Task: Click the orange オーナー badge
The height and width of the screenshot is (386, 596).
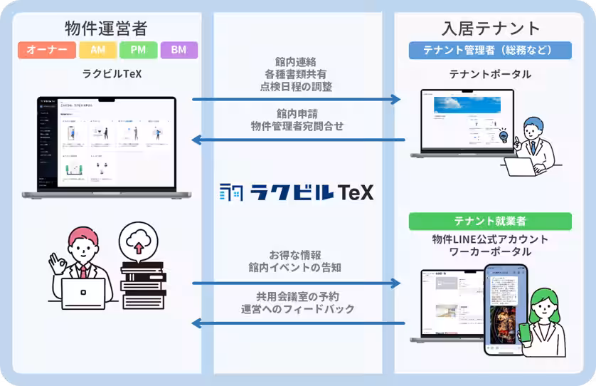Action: (x=46, y=51)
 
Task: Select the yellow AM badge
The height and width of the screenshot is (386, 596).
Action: (x=97, y=51)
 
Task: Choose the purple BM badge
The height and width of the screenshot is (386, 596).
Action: (x=179, y=51)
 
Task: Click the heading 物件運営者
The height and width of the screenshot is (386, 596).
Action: (x=106, y=28)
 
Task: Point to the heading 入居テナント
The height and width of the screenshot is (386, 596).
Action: (x=490, y=28)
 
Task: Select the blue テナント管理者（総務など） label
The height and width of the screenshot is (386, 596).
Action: (x=490, y=50)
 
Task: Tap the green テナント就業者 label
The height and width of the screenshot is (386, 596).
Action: (x=490, y=221)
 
